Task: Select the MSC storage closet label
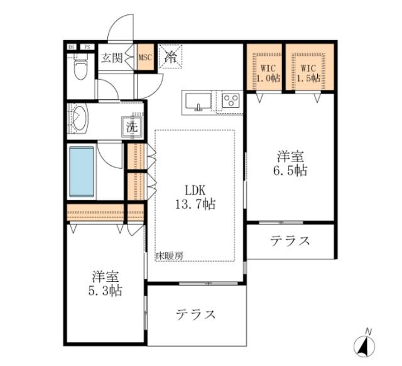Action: click(145, 58)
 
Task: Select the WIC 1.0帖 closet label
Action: click(264, 73)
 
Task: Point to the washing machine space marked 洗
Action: click(132, 126)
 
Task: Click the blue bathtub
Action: click(80, 171)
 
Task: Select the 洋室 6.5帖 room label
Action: click(290, 163)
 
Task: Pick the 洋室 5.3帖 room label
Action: click(106, 283)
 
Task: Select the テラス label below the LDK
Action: click(196, 314)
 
